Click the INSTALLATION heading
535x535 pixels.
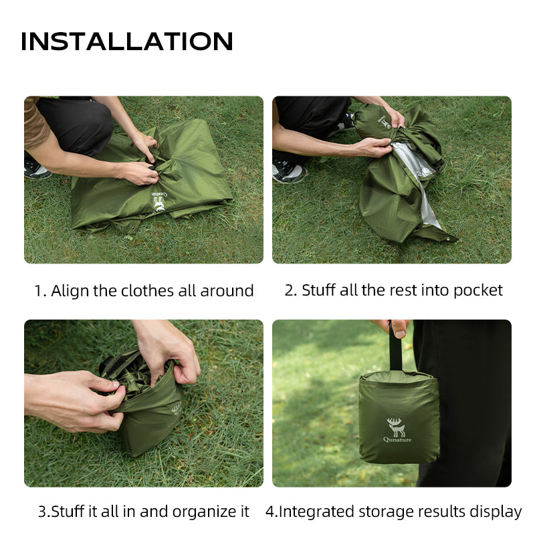tap(127, 41)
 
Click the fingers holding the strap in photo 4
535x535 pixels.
tap(397, 327)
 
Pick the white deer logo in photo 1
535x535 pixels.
tap(159, 203)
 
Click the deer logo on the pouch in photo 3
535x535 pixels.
tap(176, 409)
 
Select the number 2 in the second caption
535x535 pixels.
tap(290, 290)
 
